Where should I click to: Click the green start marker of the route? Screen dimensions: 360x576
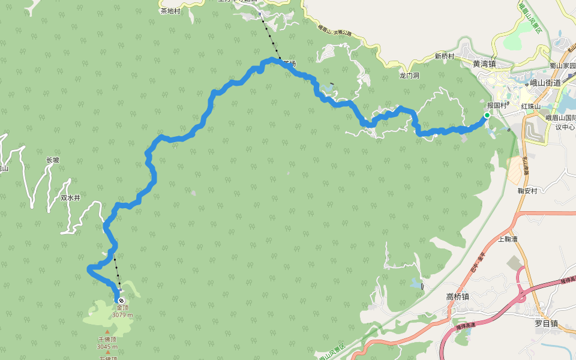click(x=487, y=115)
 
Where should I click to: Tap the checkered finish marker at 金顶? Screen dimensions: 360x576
click(x=121, y=300)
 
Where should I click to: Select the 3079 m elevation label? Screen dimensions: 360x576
click(x=122, y=315)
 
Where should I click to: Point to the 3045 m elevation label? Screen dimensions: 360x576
click(x=107, y=346)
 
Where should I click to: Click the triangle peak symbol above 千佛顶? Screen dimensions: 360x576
click(x=107, y=332)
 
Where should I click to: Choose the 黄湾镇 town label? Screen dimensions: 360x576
click(x=484, y=64)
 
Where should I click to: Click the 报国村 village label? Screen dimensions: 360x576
click(x=498, y=106)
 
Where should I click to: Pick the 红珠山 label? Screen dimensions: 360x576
click(x=531, y=106)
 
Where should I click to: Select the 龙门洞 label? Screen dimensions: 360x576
click(x=409, y=76)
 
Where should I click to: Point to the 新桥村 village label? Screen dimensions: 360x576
click(x=445, y=56)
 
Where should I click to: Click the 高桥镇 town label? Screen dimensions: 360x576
click(x=457, y=296)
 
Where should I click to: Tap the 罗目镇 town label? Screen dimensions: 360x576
click(x=546, y=323)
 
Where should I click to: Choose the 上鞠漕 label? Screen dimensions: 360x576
click(x=508, y=239)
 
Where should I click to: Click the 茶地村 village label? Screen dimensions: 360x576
click(x=170, y=11)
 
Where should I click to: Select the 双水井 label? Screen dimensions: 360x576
click(x=70, y=197)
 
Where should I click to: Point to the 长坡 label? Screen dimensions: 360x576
click(x=53, y=160)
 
